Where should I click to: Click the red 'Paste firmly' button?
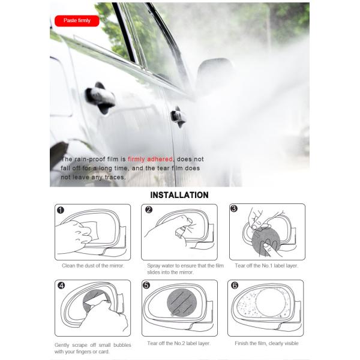coord(76,21)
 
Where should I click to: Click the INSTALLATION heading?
coord(179,195)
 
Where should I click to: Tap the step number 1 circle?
coord(60,210)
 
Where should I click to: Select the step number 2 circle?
coord(148,210)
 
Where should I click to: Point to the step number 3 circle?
coord(234,209)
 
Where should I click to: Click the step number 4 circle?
coord(60,286)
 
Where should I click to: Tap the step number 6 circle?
coord(235,286)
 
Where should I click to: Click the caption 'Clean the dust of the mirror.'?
coord(93,265)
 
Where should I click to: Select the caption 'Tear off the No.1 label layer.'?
coord(267,265)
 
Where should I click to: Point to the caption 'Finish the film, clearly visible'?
coord(267,343)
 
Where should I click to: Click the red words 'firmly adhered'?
coord(151,159)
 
